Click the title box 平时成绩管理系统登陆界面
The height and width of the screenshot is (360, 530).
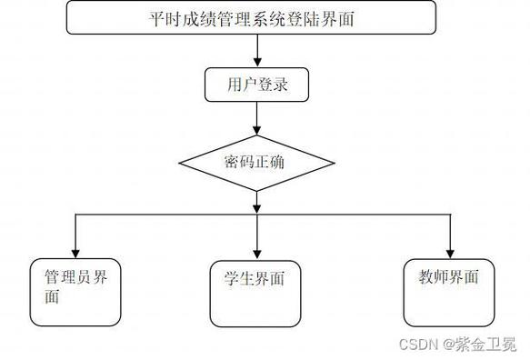coord(251,17)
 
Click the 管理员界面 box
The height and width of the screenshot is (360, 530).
coord(75,292)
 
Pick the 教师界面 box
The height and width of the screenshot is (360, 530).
coord(449,292)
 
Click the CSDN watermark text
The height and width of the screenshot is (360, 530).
coord(417,345)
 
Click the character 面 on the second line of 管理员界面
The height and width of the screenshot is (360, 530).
coord(53,297)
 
